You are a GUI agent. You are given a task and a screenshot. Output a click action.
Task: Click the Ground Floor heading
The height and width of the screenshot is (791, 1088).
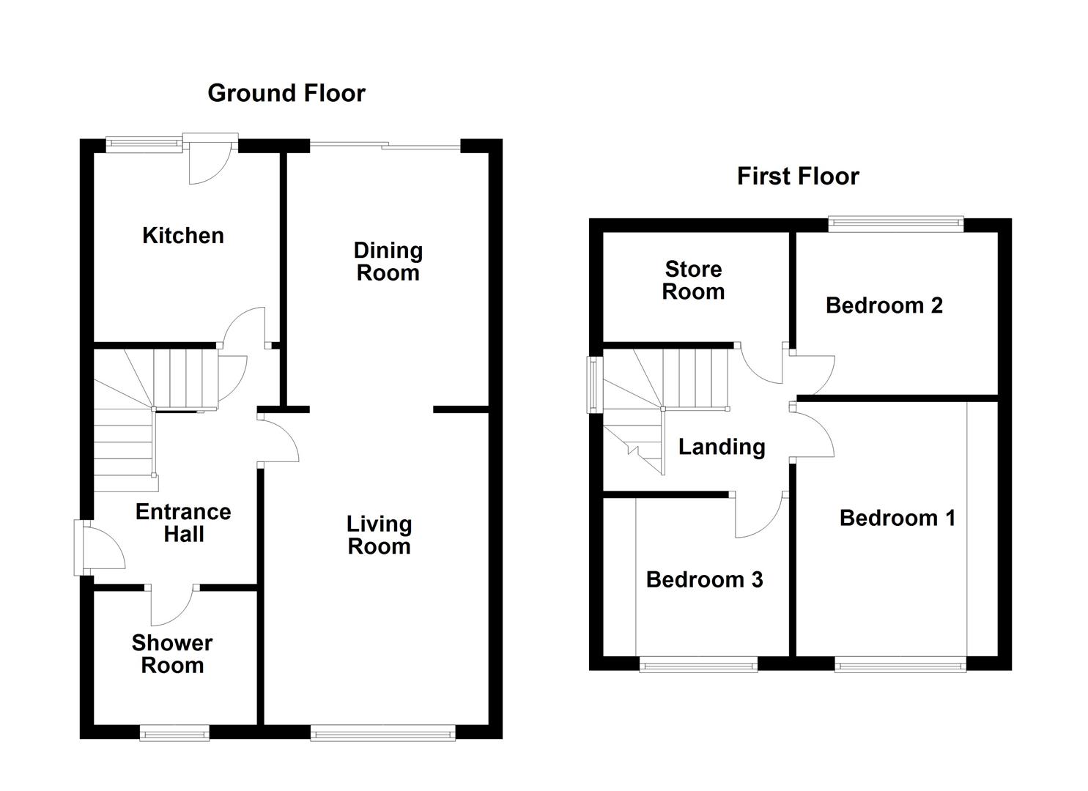(286, 93)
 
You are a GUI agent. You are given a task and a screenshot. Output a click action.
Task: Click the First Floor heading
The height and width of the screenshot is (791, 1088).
(797, 177)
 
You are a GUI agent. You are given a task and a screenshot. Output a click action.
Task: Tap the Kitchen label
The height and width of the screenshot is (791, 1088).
(182, 236)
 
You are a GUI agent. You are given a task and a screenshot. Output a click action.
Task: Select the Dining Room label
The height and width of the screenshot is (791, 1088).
(388, 261)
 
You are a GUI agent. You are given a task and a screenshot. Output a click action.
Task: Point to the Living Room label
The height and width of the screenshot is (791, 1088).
(379, 535)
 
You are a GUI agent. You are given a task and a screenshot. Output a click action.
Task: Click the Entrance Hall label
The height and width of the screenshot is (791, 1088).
(183, 523)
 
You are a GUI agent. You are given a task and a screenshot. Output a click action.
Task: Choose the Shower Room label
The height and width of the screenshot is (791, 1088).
(172, 654)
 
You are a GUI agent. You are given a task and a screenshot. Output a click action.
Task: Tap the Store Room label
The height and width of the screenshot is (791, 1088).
(693, 281)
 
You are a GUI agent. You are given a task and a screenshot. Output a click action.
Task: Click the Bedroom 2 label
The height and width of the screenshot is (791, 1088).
(884, 305)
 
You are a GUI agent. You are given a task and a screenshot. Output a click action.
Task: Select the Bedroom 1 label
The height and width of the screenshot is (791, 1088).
(897, 519)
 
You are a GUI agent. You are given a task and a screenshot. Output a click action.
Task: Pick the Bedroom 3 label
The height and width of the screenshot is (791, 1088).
(704, 580)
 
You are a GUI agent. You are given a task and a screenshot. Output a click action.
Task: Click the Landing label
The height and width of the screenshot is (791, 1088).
(721, 447)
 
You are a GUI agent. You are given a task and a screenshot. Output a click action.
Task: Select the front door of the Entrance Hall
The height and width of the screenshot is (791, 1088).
(101, 547)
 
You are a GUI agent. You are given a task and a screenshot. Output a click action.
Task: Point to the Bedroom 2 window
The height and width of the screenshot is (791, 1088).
(895, 224)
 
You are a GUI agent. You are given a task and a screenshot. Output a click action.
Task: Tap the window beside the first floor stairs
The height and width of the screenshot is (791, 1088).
(595, 385)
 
